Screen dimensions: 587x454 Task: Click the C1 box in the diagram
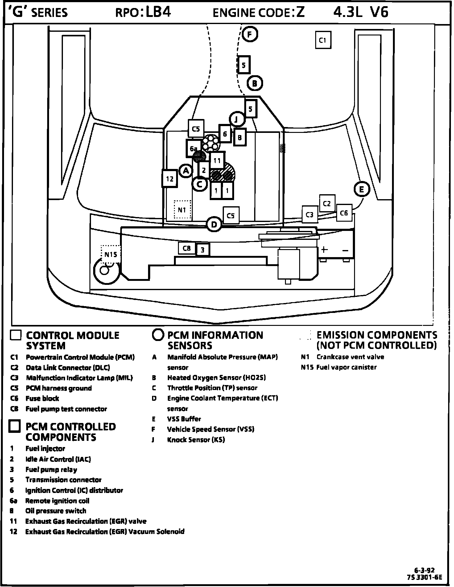tap(323, 40)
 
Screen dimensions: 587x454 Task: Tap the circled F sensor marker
tap(250, 34)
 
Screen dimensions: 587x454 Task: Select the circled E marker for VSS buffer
tap(361, 189)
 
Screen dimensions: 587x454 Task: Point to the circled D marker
tap(214, 224)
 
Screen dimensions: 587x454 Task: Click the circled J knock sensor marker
tap(237, 119)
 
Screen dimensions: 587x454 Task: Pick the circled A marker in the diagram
tap(186, 170)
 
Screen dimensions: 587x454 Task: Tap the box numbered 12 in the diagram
tap(170, 179)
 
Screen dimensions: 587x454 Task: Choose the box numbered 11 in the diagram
tap(217, 160)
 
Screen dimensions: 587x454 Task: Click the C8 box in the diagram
tap(187, 248)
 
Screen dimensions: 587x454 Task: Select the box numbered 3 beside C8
tap(203, 250)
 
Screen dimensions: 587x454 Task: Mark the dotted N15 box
tap(111, 254)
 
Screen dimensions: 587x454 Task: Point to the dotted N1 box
tap(182, 210)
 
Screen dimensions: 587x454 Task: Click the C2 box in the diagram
tap(327, 203)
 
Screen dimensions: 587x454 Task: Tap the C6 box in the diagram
tap(344, 213)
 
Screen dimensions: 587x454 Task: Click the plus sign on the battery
tap(324, 249)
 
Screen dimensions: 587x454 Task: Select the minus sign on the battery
tap(345, 250)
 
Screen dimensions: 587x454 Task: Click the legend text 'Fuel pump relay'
tap(51, 470)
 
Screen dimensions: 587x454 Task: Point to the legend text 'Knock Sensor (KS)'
tap(196, 440)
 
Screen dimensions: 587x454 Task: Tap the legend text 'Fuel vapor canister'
tap(346, 367)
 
